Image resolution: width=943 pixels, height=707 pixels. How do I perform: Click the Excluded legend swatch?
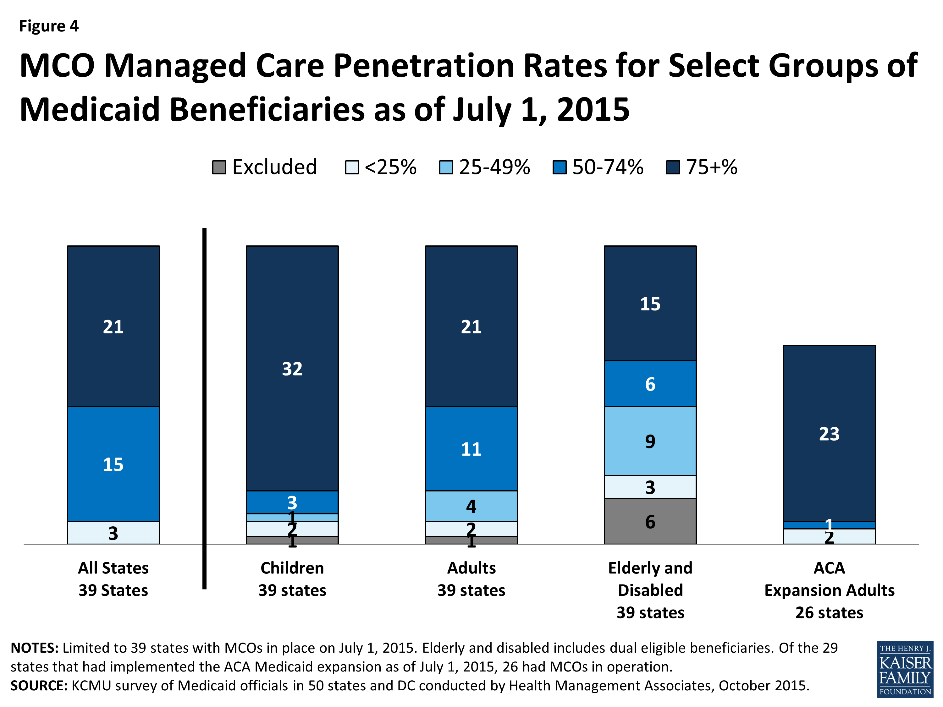point(219,167)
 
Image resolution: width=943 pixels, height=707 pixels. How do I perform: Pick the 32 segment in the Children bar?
point(292,369)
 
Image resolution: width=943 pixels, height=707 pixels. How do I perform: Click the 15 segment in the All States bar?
point(113,464)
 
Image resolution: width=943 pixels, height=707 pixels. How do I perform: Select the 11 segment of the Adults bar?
point(471,449)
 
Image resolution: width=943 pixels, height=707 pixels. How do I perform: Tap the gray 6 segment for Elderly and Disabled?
point(650,521)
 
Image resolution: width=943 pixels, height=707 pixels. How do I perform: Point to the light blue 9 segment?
point(650,441)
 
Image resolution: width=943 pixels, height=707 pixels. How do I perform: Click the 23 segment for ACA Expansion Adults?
point(829,433)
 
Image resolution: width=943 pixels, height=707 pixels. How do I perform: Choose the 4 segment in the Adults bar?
point(471,506)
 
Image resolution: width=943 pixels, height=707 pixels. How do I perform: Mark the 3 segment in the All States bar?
point(113,533)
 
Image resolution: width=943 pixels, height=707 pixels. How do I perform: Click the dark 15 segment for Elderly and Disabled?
point(650,304)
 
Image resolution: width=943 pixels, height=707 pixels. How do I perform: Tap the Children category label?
point(292,568)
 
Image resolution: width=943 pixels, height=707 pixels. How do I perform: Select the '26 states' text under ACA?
point(829,612)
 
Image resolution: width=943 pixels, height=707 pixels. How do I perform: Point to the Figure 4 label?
point(49,26)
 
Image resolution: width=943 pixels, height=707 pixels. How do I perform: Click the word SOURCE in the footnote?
point(39,686)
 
